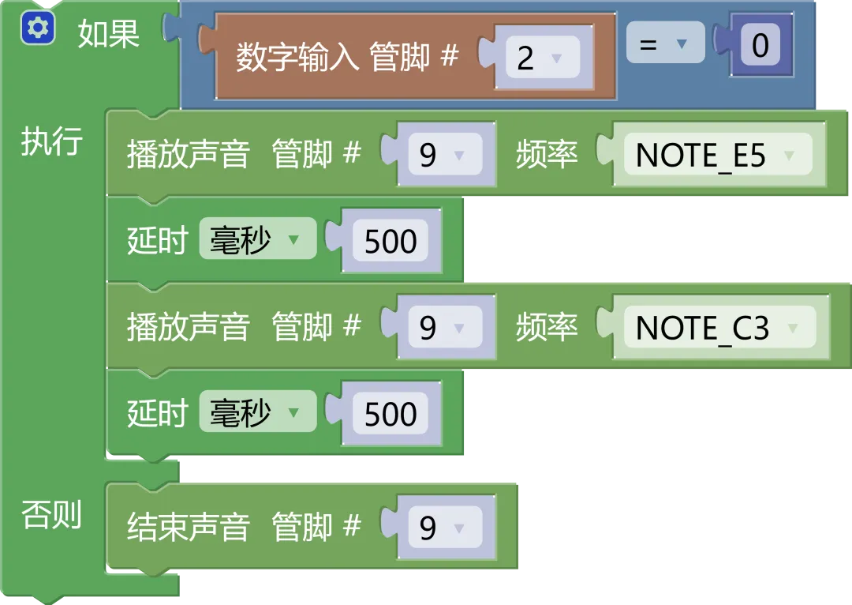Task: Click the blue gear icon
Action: [x=37, y=29]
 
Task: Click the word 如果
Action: [x=109, y=34]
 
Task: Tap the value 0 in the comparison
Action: [x=760, y=46]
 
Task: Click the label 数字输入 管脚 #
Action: [x=347, y=58]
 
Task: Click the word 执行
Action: [x=52, y=142]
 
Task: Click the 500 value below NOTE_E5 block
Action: [x=390, y=242]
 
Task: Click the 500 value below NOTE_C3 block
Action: [x=390, y=414]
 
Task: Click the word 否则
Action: [x=52, y=516]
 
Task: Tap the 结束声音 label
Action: [x=188, y=528]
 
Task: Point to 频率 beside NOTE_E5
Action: [x=547, y=156]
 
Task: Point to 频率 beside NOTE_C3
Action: [x=547, y=328]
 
